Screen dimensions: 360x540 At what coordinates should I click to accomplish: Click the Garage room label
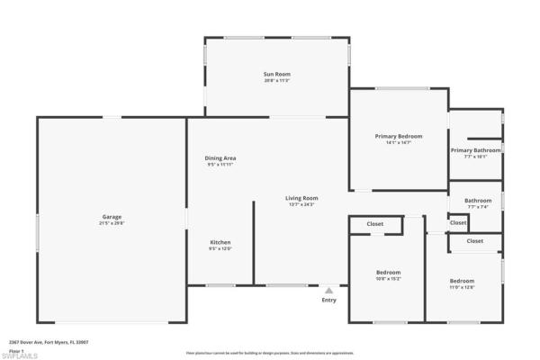pos(112,216)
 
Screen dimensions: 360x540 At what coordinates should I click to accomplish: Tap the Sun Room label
pos(276,74)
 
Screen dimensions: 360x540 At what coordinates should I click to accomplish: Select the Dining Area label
pos(220,158)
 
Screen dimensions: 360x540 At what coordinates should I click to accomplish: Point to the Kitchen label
pos(220,242)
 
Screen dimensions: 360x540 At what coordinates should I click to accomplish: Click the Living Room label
pos(301,198)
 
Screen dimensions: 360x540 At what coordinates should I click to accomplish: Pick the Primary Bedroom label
pos(398,136)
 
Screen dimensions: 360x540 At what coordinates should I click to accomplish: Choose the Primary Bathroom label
pos(475,150)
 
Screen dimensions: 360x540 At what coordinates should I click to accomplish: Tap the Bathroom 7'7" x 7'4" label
pos(478,201)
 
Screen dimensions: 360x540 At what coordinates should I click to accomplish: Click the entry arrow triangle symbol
pos(329,291)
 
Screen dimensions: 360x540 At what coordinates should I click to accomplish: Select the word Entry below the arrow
pos(329,300)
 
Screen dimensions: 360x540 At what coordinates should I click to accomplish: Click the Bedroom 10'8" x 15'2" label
pos(388,272)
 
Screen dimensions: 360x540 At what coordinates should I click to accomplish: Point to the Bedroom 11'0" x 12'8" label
pos(463,281)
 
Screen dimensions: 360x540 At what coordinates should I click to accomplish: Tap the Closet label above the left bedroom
pos(375,223)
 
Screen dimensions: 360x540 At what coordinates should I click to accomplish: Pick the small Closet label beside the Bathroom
pos(458,222)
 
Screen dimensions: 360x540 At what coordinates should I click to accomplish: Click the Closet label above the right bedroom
pos(474,241)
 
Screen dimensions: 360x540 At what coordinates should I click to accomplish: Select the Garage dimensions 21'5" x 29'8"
pos(112,223)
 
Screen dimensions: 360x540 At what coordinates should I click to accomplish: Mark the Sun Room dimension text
pos(276,81)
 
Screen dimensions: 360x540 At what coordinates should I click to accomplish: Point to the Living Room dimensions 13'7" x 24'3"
pos(301,205)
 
